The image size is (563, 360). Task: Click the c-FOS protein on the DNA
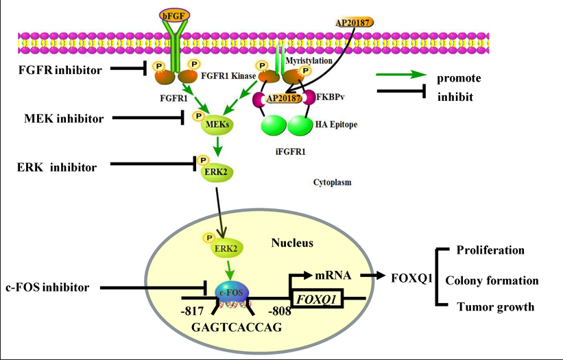tap(235, 293)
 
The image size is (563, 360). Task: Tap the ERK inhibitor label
tap(58, 167)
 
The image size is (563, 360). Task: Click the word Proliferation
tap(490, 250)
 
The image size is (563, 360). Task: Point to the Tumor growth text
tap(495, 307)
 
